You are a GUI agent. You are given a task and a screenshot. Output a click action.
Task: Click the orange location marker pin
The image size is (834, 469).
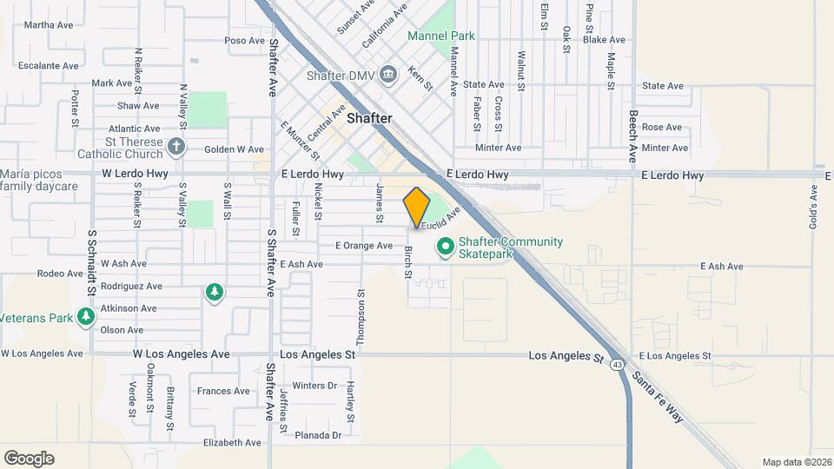click(417, 207)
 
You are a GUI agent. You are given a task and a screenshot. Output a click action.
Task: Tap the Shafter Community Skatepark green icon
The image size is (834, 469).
click(446, 247)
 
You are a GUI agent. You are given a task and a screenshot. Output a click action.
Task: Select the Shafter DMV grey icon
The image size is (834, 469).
click(387, 75)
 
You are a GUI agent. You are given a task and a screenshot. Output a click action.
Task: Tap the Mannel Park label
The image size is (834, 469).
click(441, 36)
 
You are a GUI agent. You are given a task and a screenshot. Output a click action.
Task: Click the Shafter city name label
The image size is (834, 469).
click(369, 118)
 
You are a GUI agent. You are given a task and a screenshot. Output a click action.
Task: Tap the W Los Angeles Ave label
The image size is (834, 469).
click(181, 354)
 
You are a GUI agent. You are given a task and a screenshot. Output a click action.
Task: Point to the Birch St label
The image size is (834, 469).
click(407, 263)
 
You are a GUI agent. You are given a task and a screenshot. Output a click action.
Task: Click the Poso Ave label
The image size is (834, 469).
click(244, 41)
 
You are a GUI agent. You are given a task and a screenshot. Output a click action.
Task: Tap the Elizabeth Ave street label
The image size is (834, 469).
click(232, 442)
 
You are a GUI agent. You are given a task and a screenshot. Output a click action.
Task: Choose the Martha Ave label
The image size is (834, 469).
click(50, 25)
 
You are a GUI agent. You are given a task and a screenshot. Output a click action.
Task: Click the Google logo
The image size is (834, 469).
click(29, 458)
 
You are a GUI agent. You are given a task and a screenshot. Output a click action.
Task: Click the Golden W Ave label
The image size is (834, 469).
click(234, 149)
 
